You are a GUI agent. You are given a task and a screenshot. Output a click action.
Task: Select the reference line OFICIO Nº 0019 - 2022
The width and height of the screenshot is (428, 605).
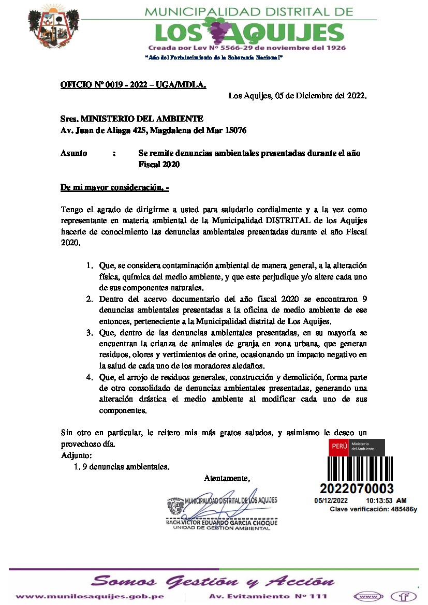pos(133,84)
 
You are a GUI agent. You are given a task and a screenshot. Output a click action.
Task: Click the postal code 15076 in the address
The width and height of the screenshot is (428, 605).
pos(235,130)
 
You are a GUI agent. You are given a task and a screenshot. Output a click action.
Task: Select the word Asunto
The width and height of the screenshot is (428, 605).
pos(74,153)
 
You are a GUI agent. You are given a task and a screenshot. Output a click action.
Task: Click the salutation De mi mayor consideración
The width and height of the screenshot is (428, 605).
pos(114,187)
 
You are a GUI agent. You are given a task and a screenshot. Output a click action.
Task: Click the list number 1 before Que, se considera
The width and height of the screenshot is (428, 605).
pos(88,265)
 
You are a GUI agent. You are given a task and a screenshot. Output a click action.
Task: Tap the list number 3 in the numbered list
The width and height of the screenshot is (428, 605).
pos(88,333)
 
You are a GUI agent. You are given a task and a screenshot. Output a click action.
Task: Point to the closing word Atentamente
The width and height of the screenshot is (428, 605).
pos(227,477)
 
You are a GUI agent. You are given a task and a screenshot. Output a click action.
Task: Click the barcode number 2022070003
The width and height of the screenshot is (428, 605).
pos(357,489)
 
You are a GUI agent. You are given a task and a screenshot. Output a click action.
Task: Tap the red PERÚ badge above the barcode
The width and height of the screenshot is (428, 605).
pos(339,447)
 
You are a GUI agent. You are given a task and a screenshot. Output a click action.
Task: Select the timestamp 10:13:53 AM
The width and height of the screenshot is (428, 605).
pos(386,501)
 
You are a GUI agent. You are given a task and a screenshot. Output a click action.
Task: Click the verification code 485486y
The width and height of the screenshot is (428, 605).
pos(404,509)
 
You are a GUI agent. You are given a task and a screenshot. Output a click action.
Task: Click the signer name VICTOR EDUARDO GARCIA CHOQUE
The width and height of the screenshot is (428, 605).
pos(221,523)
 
